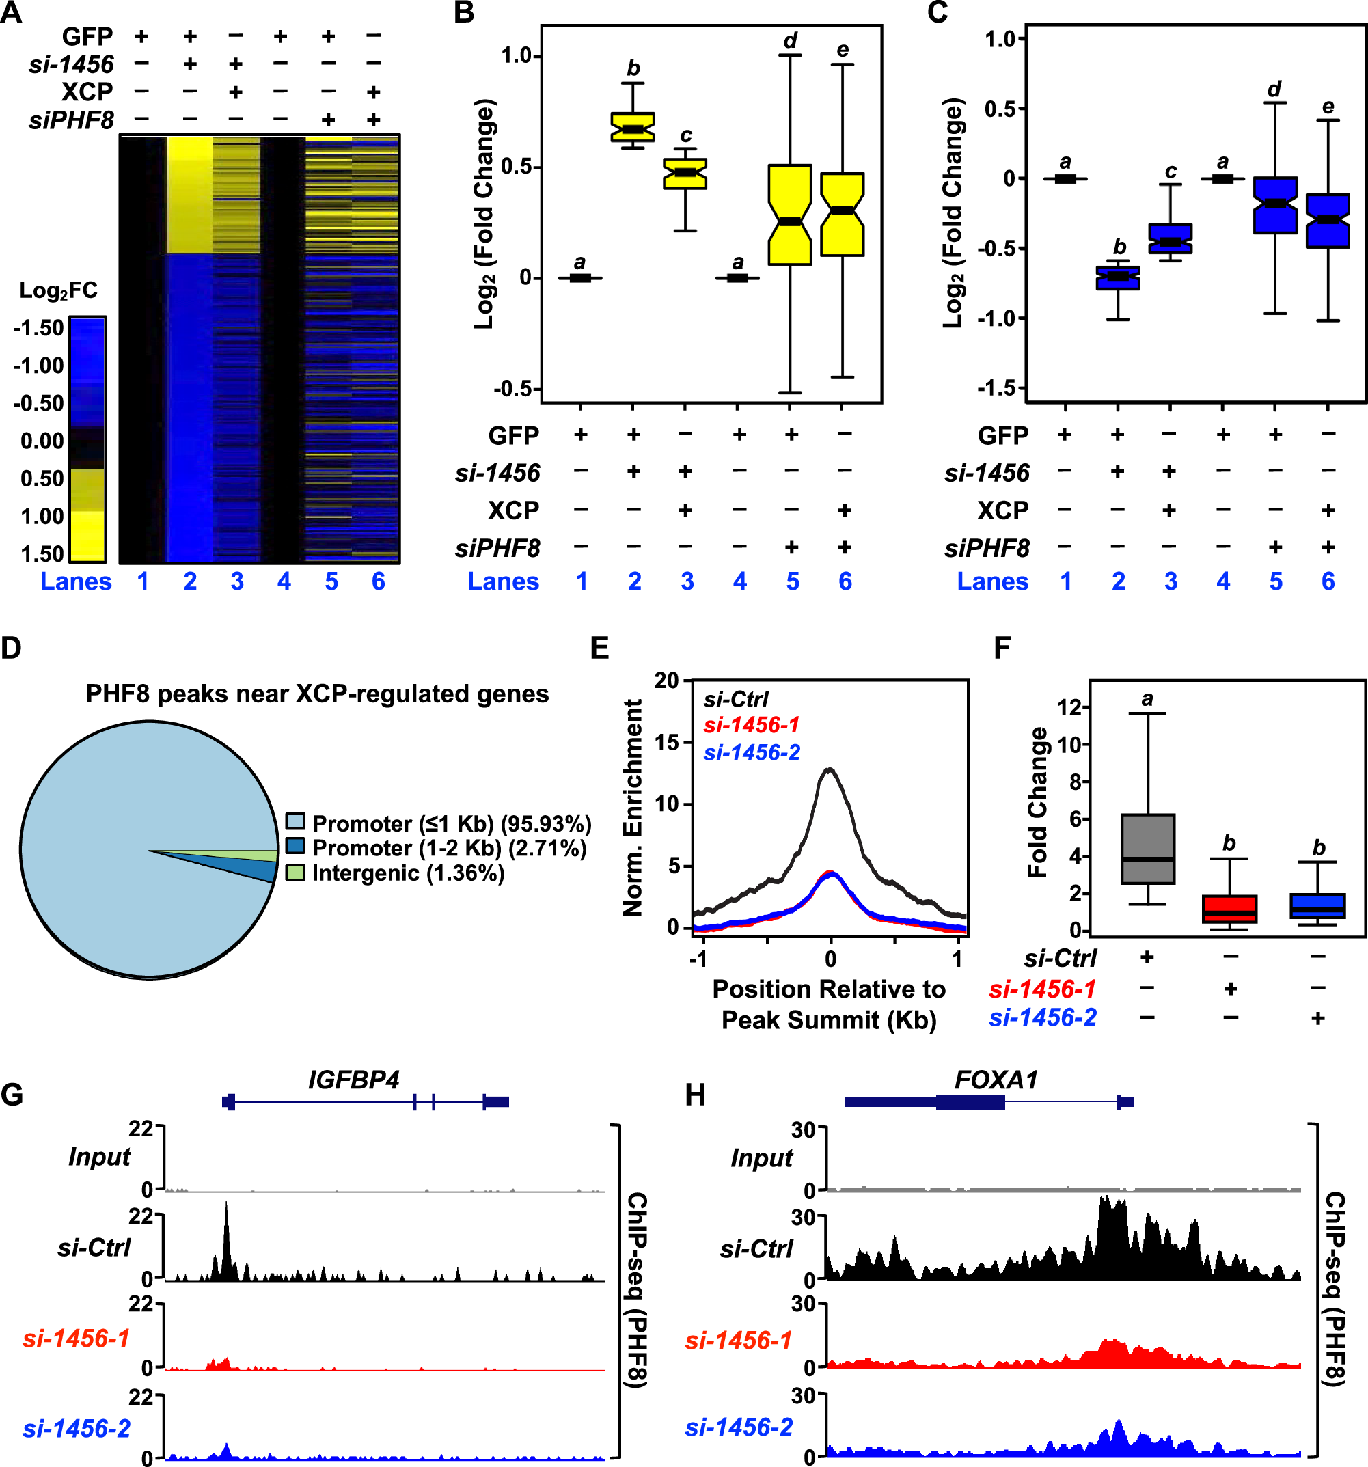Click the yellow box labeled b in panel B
(x=632, y=127)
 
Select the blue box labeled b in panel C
(x=1117, y=278)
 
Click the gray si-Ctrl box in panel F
(x=1147, y=849)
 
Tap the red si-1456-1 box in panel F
(x=1229, y=908)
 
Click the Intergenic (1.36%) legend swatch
(x=295, y=873)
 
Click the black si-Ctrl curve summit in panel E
(x=830, y=769)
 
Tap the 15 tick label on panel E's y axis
(x=666, y=742)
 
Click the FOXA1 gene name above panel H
(x=996, y=1080)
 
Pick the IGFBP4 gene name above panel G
(x=353, y=1080)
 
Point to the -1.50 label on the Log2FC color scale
(x=38, y=328)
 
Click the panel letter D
(x=11, y=648)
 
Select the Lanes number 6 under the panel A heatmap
(x=378, y=581)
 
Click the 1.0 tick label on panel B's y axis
(x=517, y=56)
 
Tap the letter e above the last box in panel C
(x=1328, y=107)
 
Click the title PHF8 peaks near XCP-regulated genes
(x=317, y=694)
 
